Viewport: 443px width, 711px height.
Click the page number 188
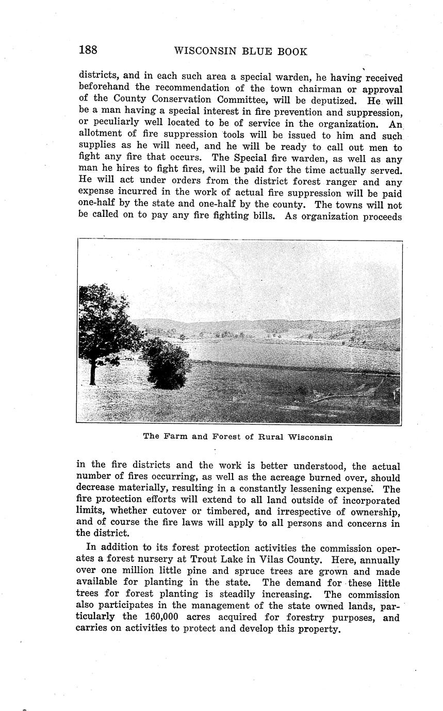pyautogui.click(x=88, y=50)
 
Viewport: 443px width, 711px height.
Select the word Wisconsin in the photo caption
pyautogui.click(x=310, y=437)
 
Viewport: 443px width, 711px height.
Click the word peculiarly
pyautogui.click(x=116, y=124)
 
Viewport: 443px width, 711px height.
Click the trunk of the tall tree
pyautogui.click(x=92, y=374)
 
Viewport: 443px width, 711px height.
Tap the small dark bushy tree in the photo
pyautogui.click(x=165, y=365)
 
